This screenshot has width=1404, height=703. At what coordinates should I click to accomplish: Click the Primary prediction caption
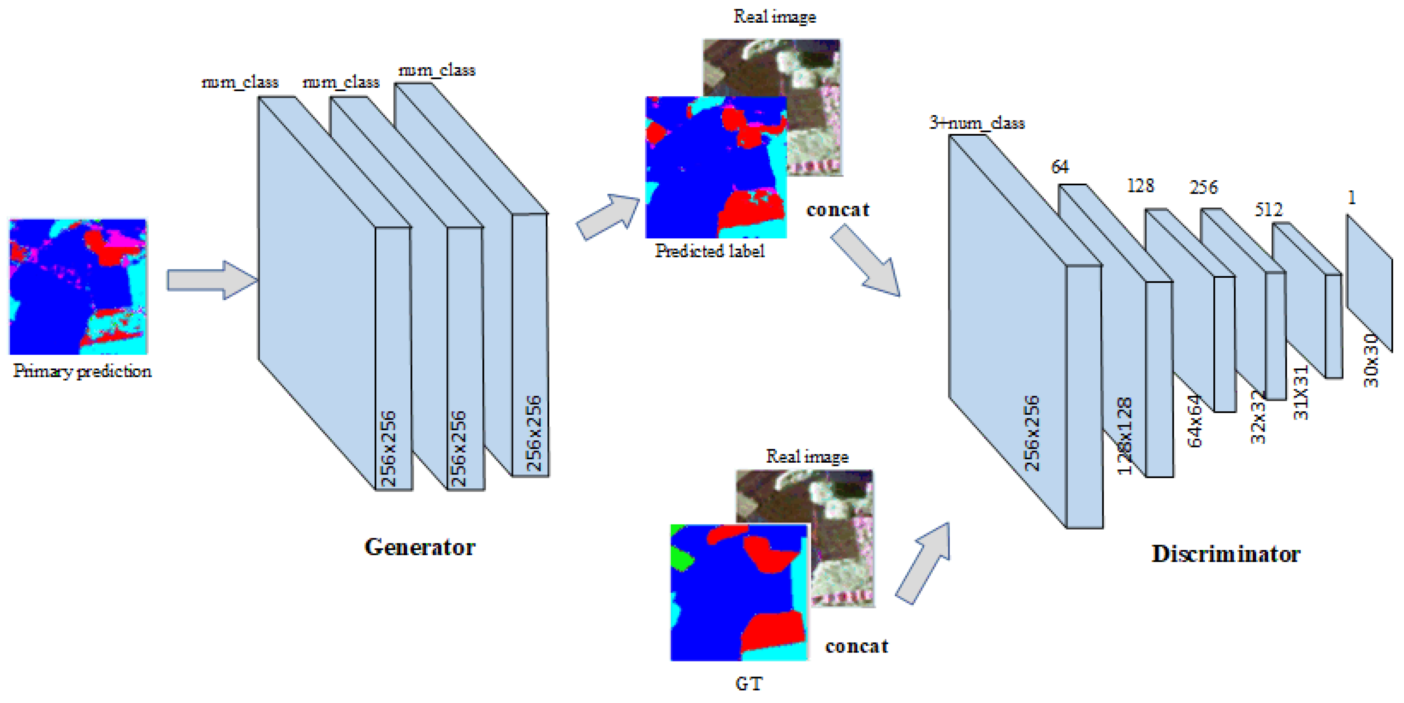click(82, 371)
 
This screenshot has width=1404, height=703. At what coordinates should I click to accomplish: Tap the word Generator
click(420, 547)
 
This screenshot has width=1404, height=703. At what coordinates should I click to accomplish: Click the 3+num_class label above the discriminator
click(977, 123)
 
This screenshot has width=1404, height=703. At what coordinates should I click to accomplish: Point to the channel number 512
click(1268, 209)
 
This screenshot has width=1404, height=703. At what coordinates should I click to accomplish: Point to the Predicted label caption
click(710, 251)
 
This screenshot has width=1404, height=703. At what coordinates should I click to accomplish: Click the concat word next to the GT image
click(856, 646)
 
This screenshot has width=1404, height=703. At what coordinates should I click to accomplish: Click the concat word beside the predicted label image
click(838, 210)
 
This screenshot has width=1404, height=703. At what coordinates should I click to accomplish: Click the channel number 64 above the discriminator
click(1060, 166)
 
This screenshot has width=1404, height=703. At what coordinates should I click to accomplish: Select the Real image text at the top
click(775, 17)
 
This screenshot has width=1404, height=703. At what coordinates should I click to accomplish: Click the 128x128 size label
click(1124, 436)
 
